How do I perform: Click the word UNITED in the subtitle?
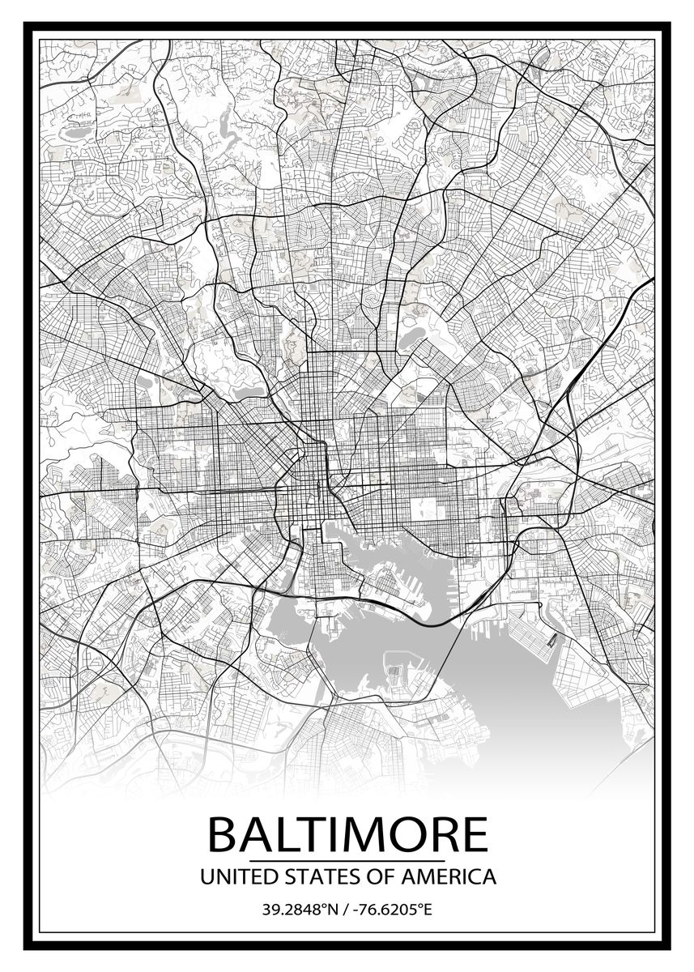tap(231, 876)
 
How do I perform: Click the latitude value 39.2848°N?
tap(299, 910)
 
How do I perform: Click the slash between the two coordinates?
tap(346, 910)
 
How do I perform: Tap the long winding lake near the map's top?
tap(227, 130)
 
